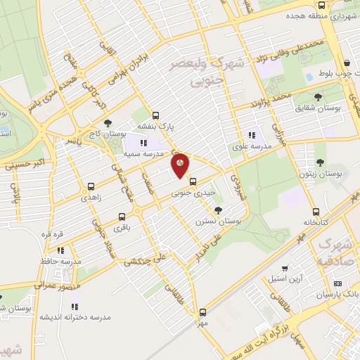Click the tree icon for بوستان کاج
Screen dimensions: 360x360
pyautogui.click(x=107, y=123)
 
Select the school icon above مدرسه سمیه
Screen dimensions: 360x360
pyautogui.click(x=144, y=143)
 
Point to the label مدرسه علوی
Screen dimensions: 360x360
pyautogui.click(x=251, y=148)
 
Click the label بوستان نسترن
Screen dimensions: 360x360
pyautogui.click(x=218, y=221)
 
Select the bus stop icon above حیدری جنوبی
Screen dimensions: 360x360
pyautogui.click(x=193, y=182)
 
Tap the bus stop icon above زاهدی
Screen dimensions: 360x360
pyautogui.click(x=91, y=187)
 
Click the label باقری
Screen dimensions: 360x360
pyautogui.click(x=123, y=228)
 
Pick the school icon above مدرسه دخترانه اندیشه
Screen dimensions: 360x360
pyautogui.click(x=75, y=307)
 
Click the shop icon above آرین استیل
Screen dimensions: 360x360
pyautogui.click(x=284, y=269)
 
